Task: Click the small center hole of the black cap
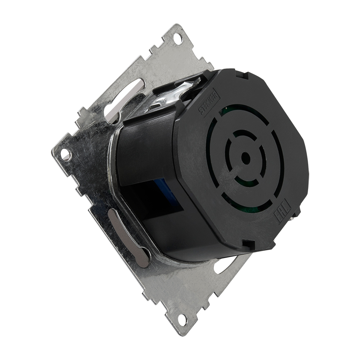[x=246, y=158]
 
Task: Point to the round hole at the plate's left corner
[x=65, y=154]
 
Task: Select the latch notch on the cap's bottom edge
[x=248, y=244]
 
